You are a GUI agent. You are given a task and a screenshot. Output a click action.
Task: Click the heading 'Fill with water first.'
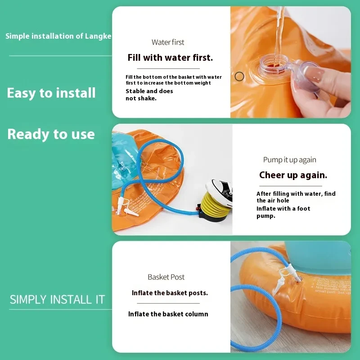click(170, 58)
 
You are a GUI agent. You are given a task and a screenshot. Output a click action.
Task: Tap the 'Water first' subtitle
click(168, 42)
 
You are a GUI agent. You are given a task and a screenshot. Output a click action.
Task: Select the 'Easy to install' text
click(51, 93)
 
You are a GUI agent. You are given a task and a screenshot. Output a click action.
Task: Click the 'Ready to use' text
click(51, 134)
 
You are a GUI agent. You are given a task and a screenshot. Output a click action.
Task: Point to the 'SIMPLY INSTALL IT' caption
click(57, 300)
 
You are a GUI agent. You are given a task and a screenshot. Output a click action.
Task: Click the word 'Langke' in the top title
click(98, 36)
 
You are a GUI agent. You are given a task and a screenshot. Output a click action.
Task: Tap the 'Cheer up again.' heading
click(293, 175)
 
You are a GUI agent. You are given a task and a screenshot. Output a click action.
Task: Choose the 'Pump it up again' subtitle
click(290, 160)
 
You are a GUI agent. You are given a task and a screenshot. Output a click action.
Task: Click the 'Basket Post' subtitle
click(166, 277)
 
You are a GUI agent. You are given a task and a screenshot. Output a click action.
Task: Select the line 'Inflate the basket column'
click(168, 314)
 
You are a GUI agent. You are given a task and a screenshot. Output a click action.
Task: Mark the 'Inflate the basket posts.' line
click(170, 293)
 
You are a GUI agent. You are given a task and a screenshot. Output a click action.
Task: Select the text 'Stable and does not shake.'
click(149, 94)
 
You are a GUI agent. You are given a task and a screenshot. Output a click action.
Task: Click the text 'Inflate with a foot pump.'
click(283, 212)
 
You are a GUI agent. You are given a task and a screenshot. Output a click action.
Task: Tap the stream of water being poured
click(279, 35)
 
